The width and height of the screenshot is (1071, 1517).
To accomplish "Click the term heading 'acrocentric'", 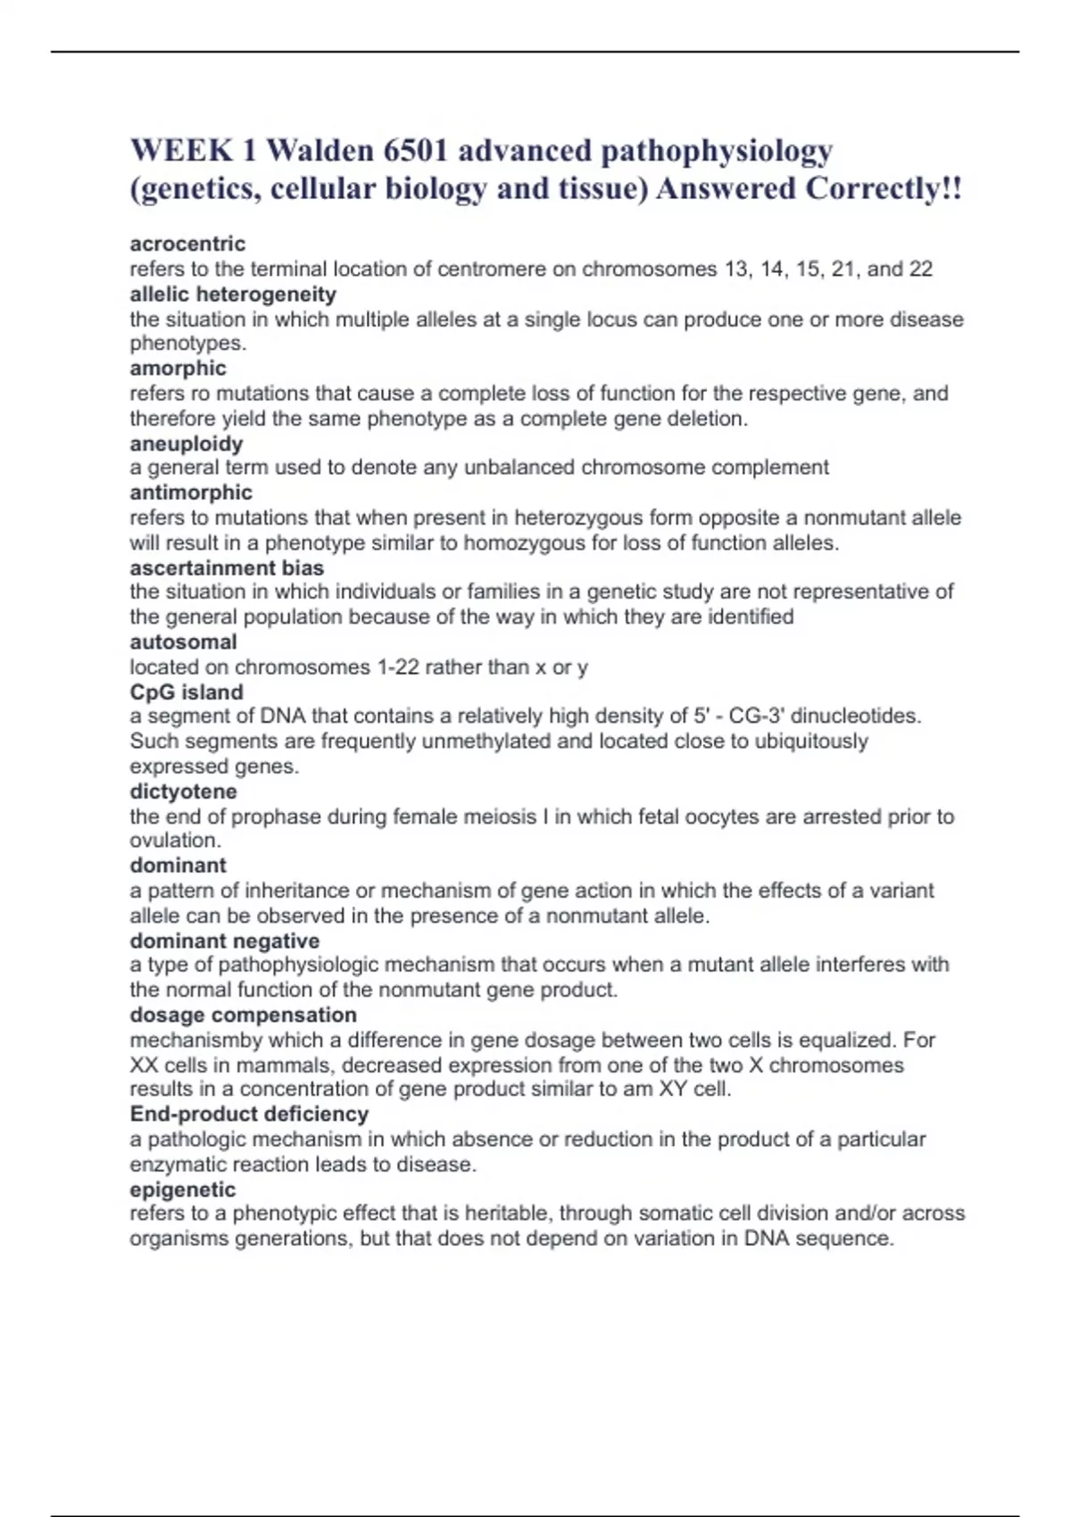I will point(187,244).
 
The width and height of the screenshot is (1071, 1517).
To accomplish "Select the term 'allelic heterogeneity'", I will point(233,294).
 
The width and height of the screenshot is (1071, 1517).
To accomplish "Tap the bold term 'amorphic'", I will point(178,368).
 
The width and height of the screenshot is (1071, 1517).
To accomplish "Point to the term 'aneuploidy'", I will point(186,443).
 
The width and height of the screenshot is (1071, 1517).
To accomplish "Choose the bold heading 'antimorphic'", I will point(191,493).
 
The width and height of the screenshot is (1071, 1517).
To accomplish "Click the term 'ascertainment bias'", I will point(227,568).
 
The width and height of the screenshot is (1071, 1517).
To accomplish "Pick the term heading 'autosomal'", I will point(183,642).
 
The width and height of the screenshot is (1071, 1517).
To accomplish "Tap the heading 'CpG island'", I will point(187,692).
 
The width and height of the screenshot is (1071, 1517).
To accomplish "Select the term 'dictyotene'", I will point(183,792).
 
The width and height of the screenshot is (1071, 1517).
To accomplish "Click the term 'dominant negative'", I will point(224,941).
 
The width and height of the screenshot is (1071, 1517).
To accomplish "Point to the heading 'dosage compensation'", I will point(243,1015).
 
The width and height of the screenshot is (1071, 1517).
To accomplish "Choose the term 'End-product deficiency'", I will point(249,1114).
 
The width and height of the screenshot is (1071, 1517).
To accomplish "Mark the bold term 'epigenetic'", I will point(182,1190).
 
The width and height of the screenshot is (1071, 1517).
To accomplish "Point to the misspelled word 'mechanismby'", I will point(196,1040).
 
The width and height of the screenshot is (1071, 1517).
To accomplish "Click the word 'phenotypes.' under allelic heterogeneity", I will point(187,344).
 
